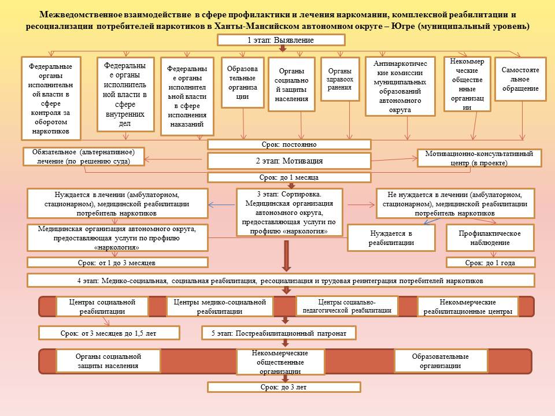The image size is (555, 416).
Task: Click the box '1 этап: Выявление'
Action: tap(281, 40)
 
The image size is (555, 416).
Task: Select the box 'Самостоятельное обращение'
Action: tap(520, 79)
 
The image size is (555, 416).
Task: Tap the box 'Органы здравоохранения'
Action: tap(339, 79)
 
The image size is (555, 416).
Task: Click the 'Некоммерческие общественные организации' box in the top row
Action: tap(467, 84)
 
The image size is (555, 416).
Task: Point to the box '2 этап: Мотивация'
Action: tap(289, 161)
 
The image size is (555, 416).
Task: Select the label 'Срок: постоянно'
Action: tap(289, 144)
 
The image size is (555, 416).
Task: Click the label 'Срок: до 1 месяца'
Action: tap(289, 177)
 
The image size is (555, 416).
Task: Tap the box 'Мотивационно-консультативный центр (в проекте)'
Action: tap(479, 158)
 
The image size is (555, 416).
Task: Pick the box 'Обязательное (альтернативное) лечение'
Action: tap(84, 157)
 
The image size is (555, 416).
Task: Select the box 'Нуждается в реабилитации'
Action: tap(391, 237)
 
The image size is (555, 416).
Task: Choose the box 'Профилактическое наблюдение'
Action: tap(489, 237)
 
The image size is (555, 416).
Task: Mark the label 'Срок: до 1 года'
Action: tap(490, 262)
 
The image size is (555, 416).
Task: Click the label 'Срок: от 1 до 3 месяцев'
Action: tap(117, 262)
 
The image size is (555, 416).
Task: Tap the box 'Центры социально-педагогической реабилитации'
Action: tap(347, 306)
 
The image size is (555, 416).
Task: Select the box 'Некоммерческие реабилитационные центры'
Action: tap(468, 307)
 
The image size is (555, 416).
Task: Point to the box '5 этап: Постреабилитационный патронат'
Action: tap(279, 333)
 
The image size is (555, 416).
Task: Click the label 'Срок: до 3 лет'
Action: tap(283, 387)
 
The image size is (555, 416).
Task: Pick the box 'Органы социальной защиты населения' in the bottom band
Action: tap(108, 361)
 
